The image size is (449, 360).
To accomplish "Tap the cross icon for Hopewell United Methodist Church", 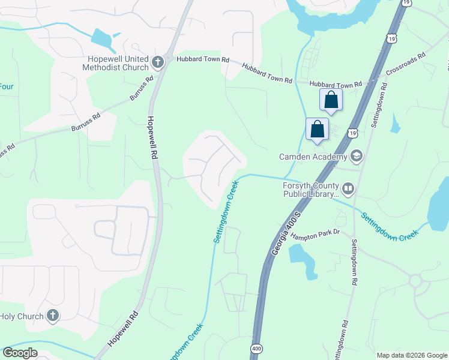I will pos(157,61).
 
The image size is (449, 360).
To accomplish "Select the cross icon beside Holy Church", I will pos(52,316).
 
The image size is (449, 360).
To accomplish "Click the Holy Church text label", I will pos(22,316).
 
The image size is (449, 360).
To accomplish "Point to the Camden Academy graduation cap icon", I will pos(356,157).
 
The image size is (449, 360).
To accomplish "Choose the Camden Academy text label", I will pos(313,157).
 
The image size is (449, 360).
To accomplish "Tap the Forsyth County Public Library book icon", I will pos(348,189).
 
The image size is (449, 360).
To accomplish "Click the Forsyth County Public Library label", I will pos(311,190).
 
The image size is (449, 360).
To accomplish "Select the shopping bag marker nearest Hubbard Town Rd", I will pos(331,100).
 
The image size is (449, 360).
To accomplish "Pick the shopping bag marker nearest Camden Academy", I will pos(317,129).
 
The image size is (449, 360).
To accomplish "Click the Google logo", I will pos(20,353).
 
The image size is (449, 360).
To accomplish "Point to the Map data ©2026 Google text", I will pos(411,355).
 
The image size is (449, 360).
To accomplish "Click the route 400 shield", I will pos(256,348).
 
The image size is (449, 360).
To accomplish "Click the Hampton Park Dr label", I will pos(316,235).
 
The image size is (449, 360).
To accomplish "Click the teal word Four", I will pos(6,86).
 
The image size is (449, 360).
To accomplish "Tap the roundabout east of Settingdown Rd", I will pos(415,281).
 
